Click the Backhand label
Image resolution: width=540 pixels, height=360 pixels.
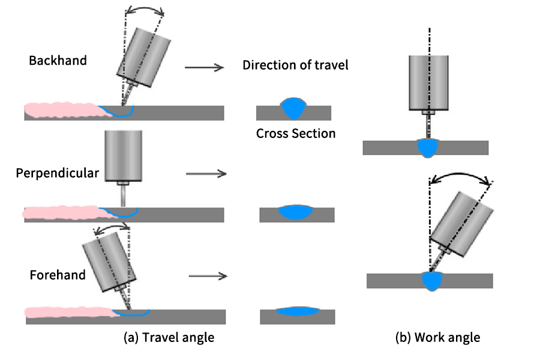click(x=58, y=61)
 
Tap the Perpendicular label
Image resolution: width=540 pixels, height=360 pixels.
click(x=58, y=173)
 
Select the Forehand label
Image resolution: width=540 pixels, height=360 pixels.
click(x=58, y=275)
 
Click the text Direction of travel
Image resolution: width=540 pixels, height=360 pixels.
click(x=295, y=65)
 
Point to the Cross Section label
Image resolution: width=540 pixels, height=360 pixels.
click(x=295, y=133)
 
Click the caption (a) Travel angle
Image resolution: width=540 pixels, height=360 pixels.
click(x=169, y=338)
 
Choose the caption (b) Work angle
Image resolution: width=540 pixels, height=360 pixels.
click(x=437, y=338)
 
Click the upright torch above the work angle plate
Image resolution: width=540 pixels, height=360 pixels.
click(x=429, y=82)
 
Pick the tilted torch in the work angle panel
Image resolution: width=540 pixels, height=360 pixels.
click(x=462, y=222)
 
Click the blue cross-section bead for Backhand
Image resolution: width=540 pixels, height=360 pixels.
click(x=294, y=108)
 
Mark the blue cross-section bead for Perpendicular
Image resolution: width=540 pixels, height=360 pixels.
click(x=296, y=211)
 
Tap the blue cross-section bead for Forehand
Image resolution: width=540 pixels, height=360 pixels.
click(x=298, y=311)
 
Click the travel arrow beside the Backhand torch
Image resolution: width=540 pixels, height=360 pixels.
click(x=204, y=68)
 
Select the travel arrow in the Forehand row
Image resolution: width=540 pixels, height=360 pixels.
click(x=208, y=276)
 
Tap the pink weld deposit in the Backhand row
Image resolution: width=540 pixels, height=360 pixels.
click(x=60, y=110)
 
